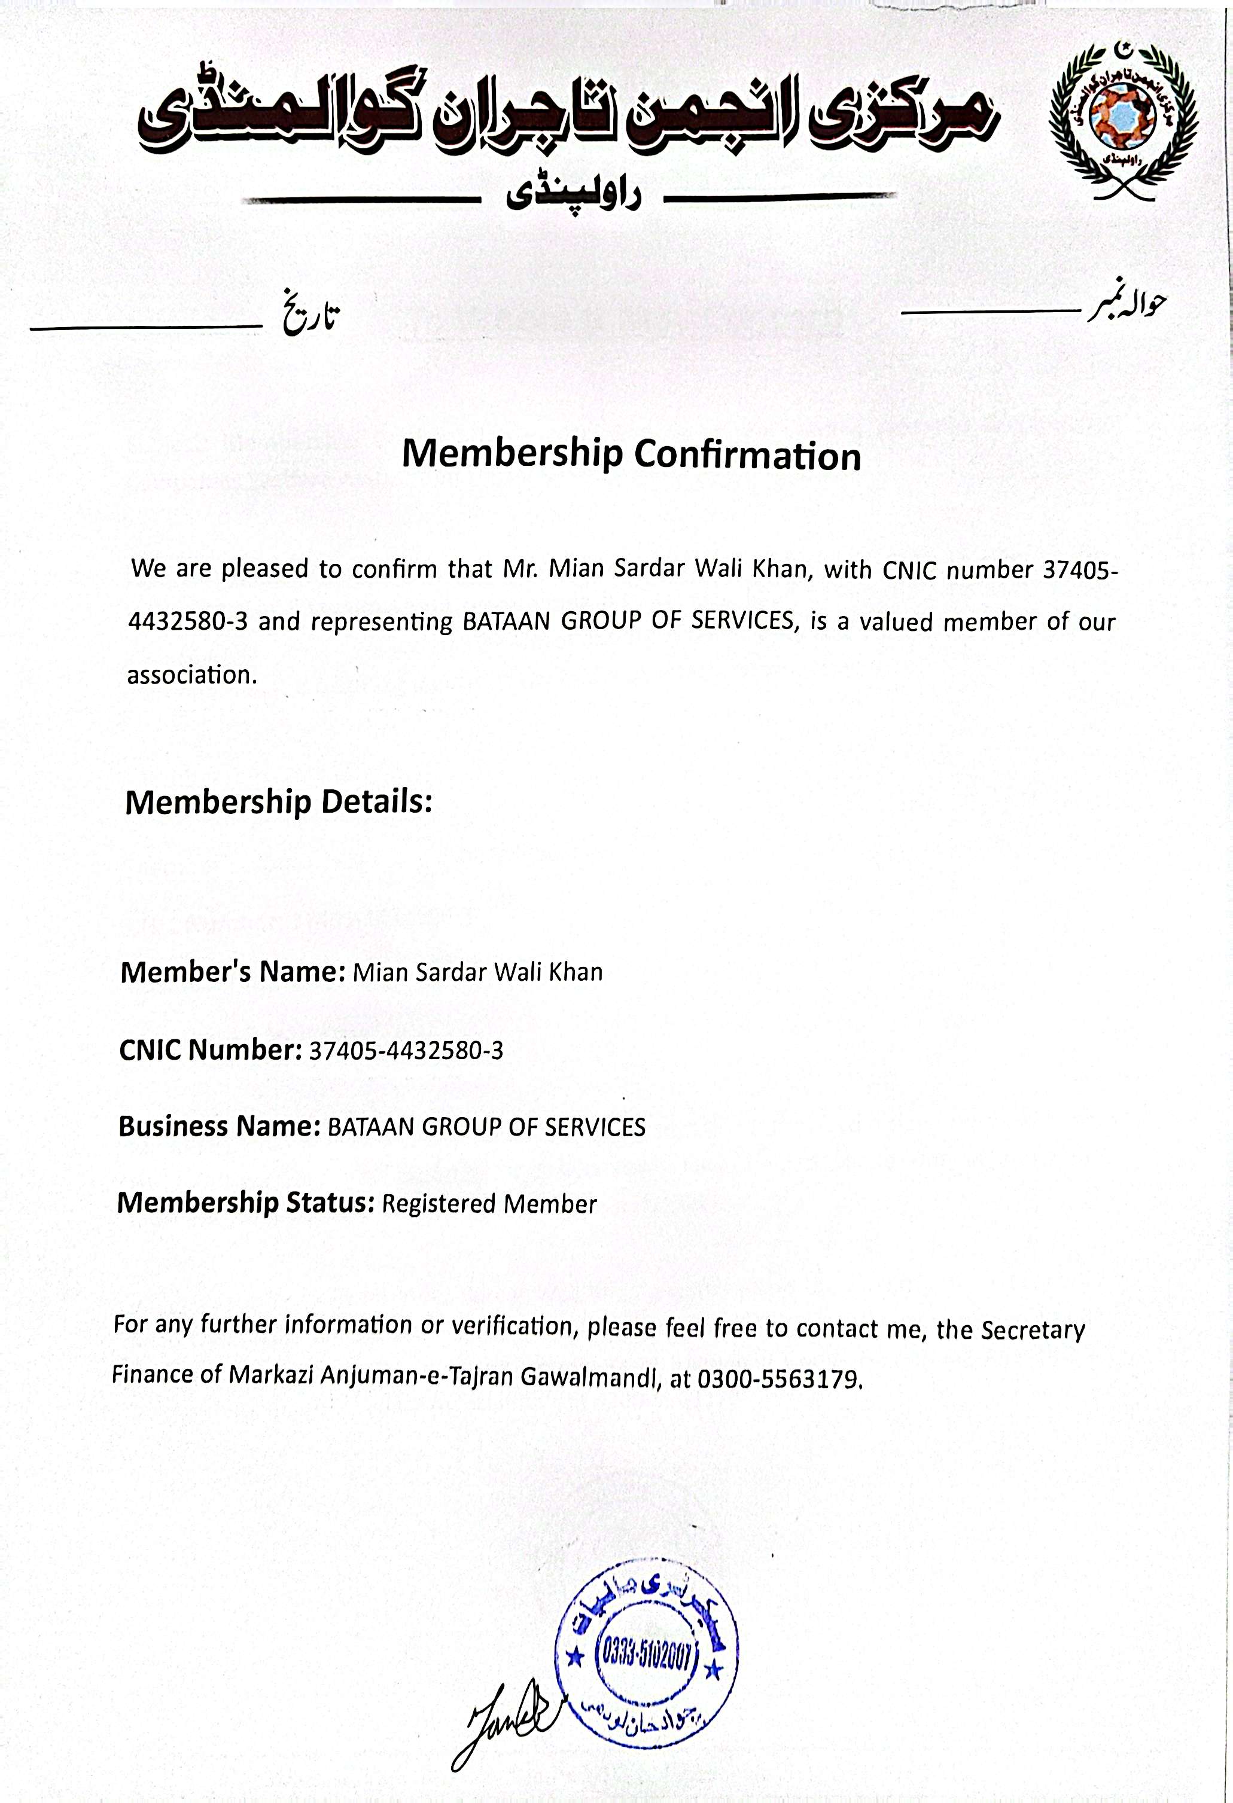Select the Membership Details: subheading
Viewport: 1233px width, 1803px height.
278,801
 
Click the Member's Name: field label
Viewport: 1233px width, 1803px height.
232,971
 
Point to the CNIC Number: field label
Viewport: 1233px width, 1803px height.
209,1050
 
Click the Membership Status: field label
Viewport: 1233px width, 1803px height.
245,1203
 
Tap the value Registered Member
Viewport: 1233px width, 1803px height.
489,1204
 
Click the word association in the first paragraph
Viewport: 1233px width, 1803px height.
191,675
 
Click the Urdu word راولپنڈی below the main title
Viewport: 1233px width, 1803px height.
574,196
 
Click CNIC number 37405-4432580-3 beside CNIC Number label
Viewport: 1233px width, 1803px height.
406,1051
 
